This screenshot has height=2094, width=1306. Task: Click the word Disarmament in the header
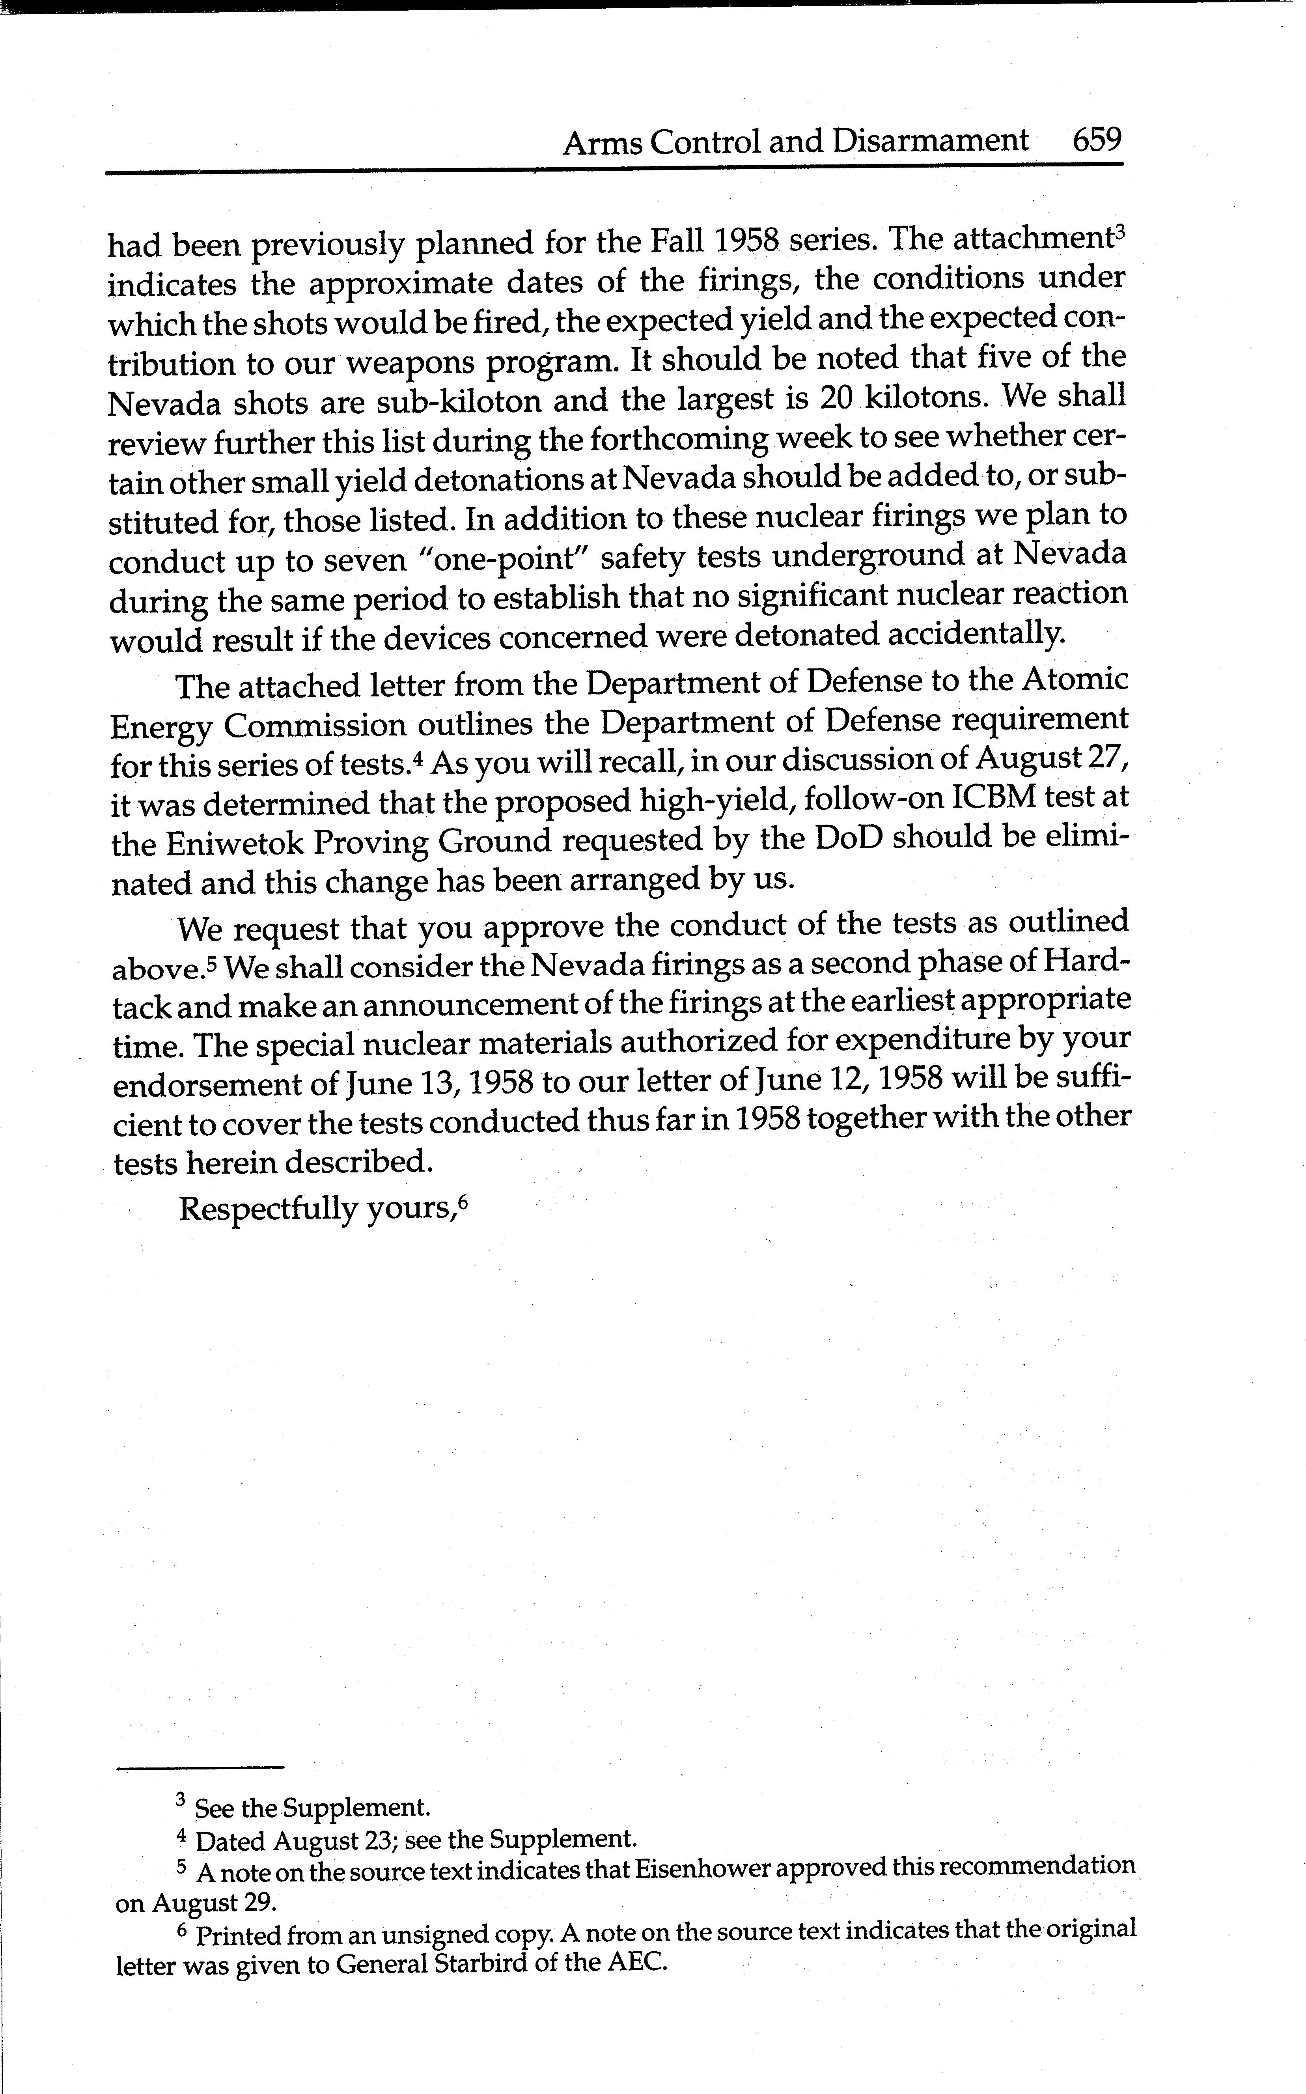[930, 141]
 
